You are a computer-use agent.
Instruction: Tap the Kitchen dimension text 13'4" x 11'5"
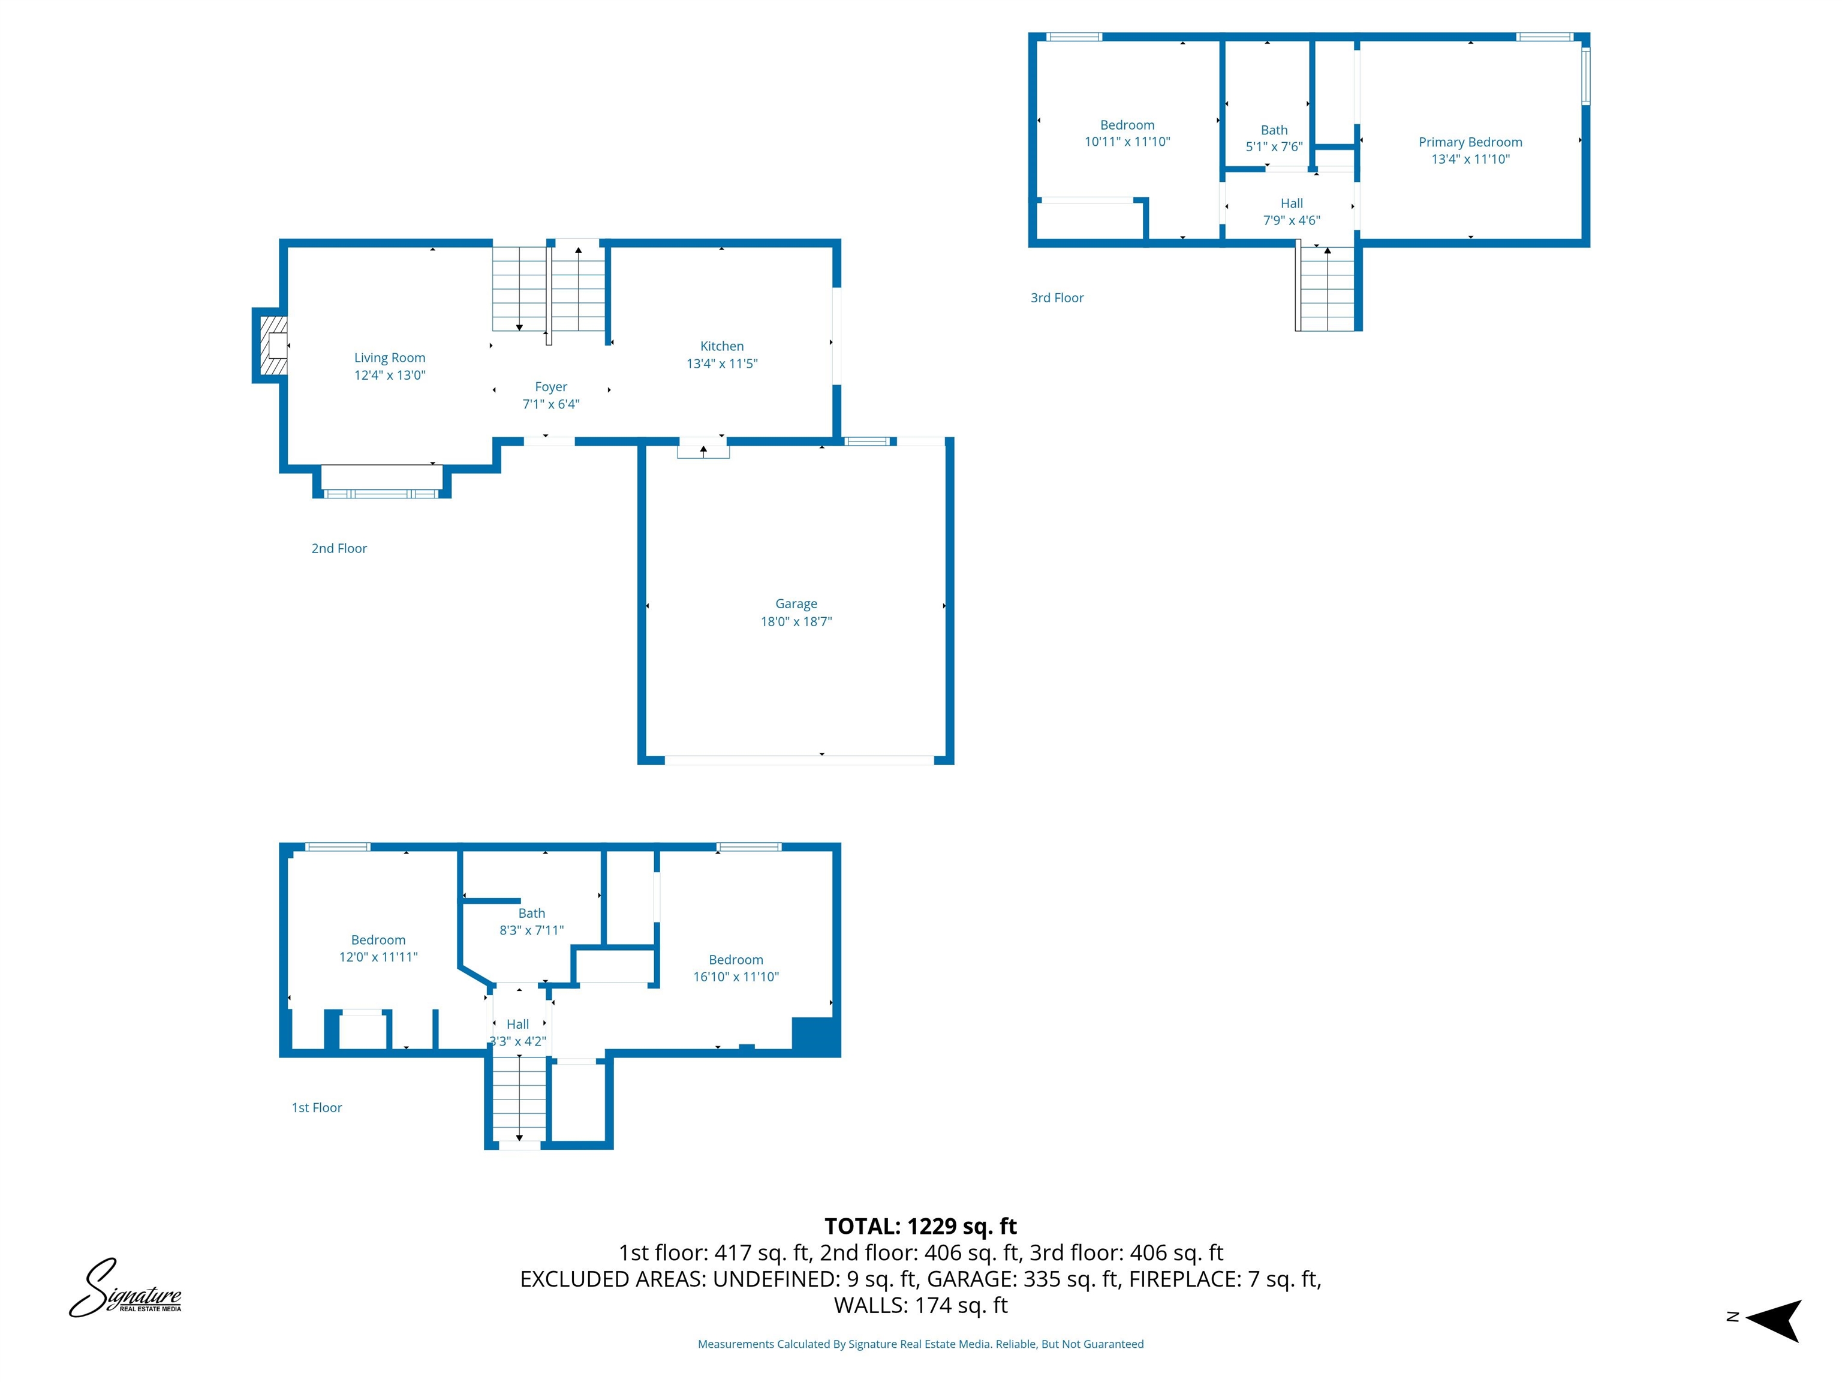pos(722,363)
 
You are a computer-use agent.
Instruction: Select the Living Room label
pos(390,357)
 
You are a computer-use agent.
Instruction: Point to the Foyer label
pos(550,386)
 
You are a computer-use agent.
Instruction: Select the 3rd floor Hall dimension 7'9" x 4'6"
pos(1291,221)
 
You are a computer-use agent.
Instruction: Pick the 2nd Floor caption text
pos(339,548)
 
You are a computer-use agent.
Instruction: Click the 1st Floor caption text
pos(317,1107)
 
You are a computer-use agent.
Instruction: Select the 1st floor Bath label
pos(531,913)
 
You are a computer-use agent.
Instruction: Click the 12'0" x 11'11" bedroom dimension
pos(378,956)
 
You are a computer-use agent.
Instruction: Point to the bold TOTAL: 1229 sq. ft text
pos(920,1226)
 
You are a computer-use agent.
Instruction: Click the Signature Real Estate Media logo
pos(125,1288)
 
